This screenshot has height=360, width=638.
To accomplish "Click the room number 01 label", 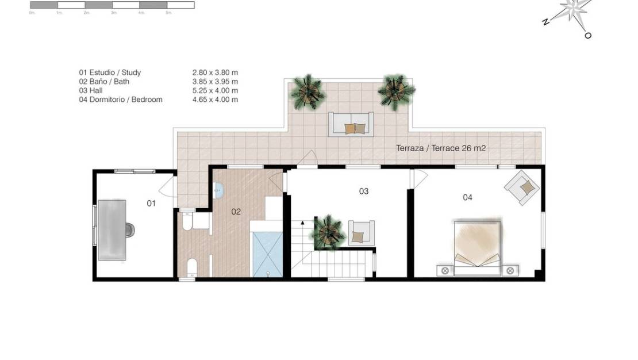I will click(x=151, y=203).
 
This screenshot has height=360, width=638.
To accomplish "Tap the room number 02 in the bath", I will click(x=236, y=211).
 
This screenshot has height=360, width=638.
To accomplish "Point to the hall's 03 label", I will click(x=363, y=191).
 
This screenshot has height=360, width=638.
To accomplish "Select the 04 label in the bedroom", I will click(x=467, y=197).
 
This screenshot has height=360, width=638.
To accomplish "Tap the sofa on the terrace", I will click(x=351, y=124).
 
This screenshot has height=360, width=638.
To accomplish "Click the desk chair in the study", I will click(x=130, y=229).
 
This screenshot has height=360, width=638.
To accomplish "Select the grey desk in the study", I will click(x=112, y=229).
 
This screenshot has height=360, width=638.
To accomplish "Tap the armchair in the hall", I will click(x=361, y=233).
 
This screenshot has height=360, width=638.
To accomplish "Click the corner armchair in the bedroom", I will click(x=522, y=186).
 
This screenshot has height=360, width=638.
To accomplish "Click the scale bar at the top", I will click(x=112, y=5).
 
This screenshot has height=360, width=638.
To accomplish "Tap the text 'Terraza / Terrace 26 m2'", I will click(x=441, y=148).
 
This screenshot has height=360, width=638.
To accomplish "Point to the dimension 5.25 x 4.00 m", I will click(x=215, y=90).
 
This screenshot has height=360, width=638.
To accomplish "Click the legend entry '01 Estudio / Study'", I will click(x=110, y=72).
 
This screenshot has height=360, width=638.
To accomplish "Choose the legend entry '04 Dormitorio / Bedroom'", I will click(x=121, y=99).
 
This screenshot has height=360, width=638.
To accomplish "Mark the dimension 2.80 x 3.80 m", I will click(x=215, y=72).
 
